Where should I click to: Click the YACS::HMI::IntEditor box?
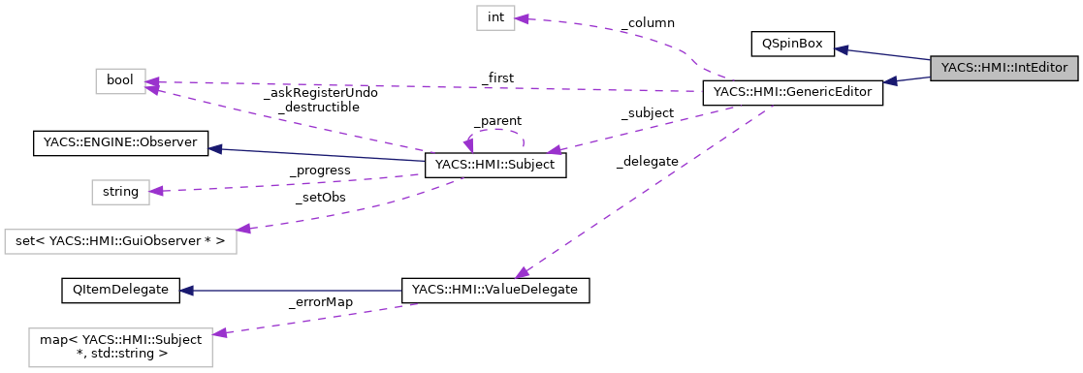tap(1003, 68)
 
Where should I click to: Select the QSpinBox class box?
tap(792, 44)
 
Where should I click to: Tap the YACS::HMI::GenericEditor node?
tap(792, 94)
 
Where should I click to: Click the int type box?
tap(494, 17)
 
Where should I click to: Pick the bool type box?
tap(120, 81)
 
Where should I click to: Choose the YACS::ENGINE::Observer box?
tap(119, 143)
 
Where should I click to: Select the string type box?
tap(120, 192)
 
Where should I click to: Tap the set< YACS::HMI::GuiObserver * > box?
tap(120, 241)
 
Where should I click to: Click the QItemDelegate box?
tap(119, 290)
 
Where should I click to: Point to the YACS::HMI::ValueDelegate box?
tap(495, 290)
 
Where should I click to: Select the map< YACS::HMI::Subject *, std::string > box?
tap(120, 346)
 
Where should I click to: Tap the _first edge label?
tap(497, 78)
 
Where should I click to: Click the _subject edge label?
tap(647, 113)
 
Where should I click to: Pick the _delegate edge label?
tap(647, 161)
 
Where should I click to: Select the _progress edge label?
tap(319, 171)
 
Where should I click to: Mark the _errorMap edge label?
tap(320, 302)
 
